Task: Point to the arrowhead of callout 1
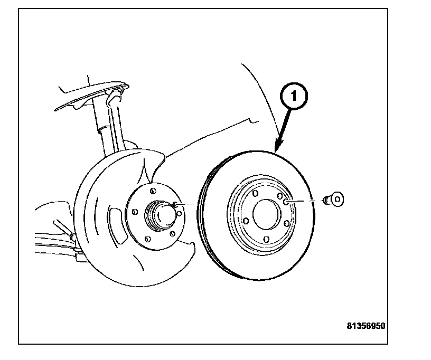277,149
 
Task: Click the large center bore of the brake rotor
267,213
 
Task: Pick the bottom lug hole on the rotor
266,240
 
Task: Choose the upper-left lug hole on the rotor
255,194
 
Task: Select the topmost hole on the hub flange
152,191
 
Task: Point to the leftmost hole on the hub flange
135,212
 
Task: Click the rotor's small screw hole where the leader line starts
285,201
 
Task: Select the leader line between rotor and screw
305,201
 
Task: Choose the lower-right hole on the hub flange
173,232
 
